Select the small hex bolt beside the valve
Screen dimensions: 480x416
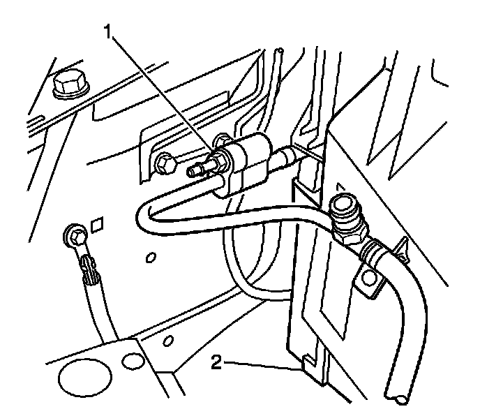click(x=165, y=163)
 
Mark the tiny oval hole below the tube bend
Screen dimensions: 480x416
click(x=151, y=257)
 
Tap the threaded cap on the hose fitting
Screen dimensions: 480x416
click(x=343, y=205)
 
